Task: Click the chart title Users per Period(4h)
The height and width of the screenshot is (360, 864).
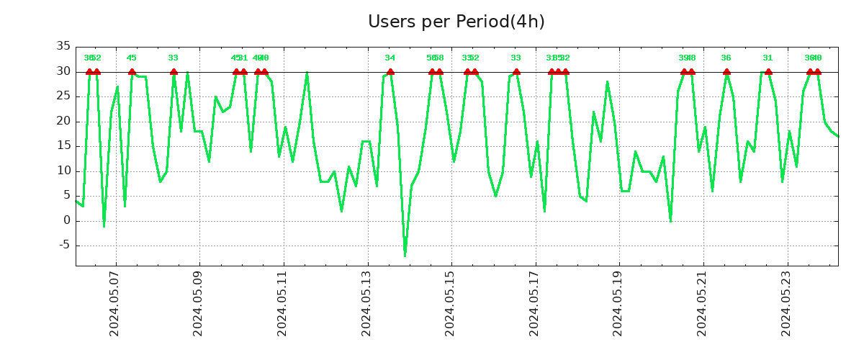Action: [456, 22]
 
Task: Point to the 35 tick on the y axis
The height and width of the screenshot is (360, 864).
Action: [63, 47]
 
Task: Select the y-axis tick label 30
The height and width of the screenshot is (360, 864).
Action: [63, 72]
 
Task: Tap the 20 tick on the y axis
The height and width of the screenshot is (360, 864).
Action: [63, 122]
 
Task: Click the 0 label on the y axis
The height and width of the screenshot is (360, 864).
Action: [67, 221]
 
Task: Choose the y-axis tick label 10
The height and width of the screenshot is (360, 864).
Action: [63, 171]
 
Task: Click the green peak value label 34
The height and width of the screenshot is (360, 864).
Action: [390, 58]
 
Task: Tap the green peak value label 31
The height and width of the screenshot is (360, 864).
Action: [768, 58]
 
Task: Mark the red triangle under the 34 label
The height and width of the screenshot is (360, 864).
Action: [390, 71]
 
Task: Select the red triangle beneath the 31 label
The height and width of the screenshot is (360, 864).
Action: [768, 71]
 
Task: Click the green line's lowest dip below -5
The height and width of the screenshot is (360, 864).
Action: [405, 255]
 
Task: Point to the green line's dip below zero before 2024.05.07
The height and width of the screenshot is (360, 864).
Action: [104, 225]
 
